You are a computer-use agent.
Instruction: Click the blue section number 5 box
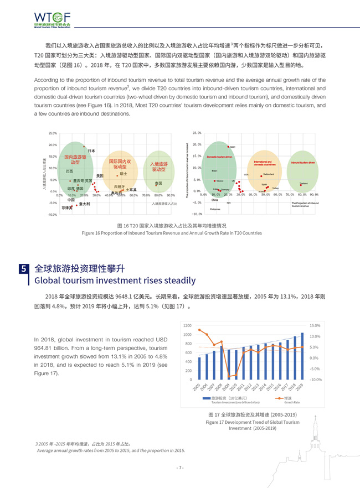pyautogui.click(x=23, y=269)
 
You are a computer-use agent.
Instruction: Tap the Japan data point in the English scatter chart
pyautogui.click(x=228, y=147)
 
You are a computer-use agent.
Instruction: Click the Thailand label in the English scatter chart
pyautogui.click(x=304, y=183)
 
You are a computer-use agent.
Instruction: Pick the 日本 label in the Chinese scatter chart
pyautogui.click(x=91, y=150)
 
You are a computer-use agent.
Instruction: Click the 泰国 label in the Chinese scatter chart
pyautogui.click(x=158, y=183)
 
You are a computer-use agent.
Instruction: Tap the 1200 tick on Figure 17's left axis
pyautogui.click(x=188, y=325)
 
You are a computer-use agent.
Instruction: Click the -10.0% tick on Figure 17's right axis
pyautogui.click(x=316, y=380)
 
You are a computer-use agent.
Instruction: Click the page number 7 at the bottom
pyautogui.click(x=180, y=468)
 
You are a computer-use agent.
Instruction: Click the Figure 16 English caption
pyautogui.click(x=172, y=233)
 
